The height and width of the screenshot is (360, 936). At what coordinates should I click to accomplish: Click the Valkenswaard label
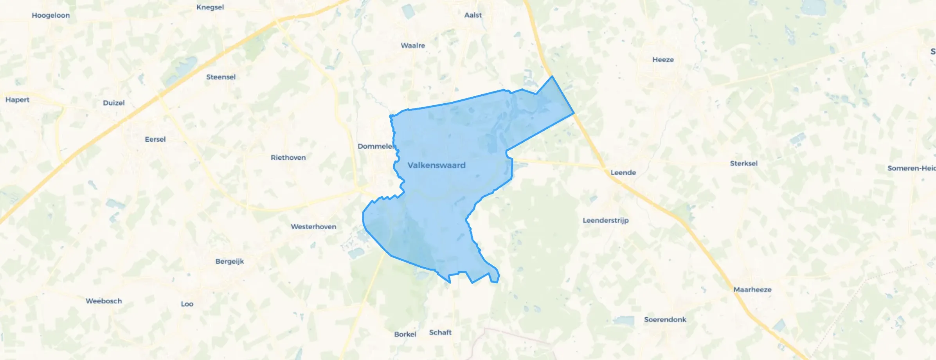point(436,165)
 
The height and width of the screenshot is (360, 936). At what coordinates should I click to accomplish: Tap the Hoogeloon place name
point(51,15)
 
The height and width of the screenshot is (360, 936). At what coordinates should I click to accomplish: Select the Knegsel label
point(210,7)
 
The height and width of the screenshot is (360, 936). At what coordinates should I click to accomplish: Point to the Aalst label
point(473,15)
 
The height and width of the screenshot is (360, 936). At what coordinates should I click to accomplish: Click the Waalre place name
point(413,45)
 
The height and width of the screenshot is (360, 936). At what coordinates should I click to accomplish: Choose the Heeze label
point(663,59)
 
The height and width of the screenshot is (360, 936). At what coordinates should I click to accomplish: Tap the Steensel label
point(221,77)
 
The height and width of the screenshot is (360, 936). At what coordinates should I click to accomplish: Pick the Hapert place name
point(17,99)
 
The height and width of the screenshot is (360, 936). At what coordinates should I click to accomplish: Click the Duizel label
point(113,103)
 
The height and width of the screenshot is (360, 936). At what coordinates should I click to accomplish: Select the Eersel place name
point(155,139)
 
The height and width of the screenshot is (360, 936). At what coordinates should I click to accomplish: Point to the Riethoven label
point(288,157)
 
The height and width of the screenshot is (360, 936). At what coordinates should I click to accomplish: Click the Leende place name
point(623,172)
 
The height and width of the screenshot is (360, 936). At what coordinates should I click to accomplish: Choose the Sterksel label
point(743,163)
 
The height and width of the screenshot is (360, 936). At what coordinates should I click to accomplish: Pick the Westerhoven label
point(313,226)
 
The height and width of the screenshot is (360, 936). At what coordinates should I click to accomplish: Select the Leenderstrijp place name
point(605,220)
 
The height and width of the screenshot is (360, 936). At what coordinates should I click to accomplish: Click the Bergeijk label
point(229,261)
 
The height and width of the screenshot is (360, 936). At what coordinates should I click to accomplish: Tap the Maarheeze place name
point(752,289)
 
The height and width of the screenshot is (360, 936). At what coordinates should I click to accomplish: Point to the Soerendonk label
point(665,319)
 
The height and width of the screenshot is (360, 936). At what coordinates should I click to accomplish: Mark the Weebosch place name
point(104,301)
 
